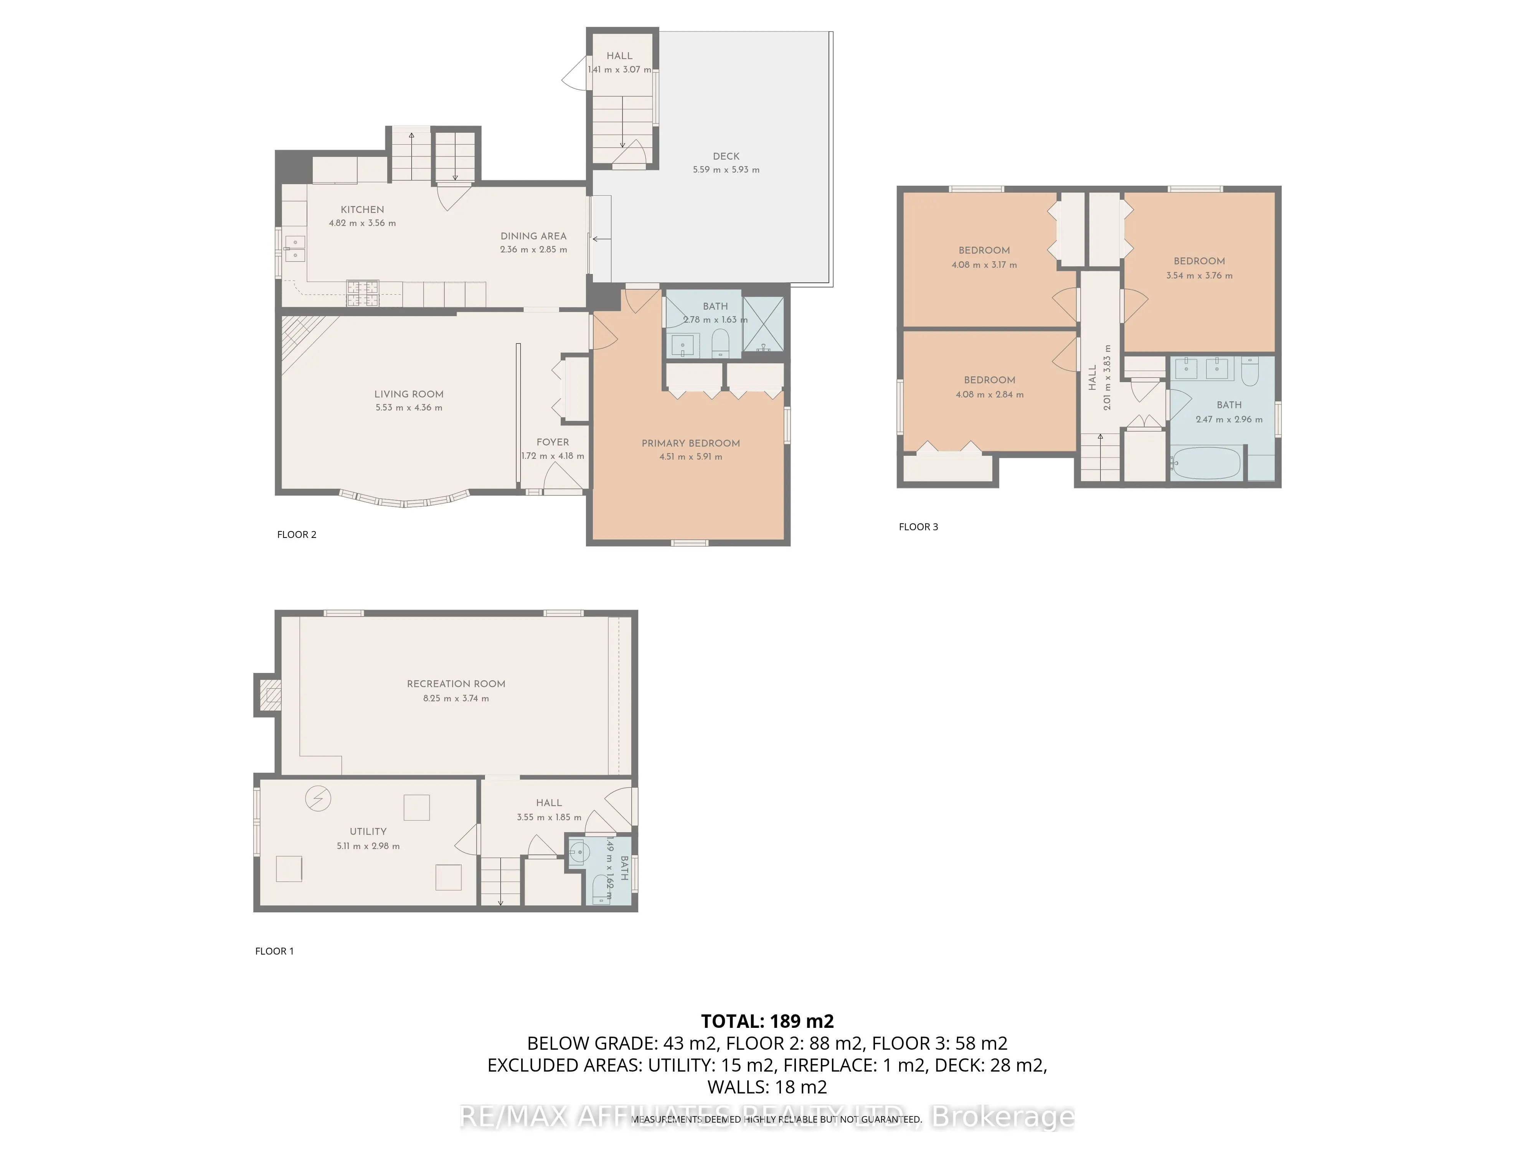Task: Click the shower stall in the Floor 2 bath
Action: coord(763,324)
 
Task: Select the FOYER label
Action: coord(552,442)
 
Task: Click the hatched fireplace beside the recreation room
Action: coord(270,694)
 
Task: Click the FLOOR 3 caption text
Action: coord(918,527)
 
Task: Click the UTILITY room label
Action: coord(368,831)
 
